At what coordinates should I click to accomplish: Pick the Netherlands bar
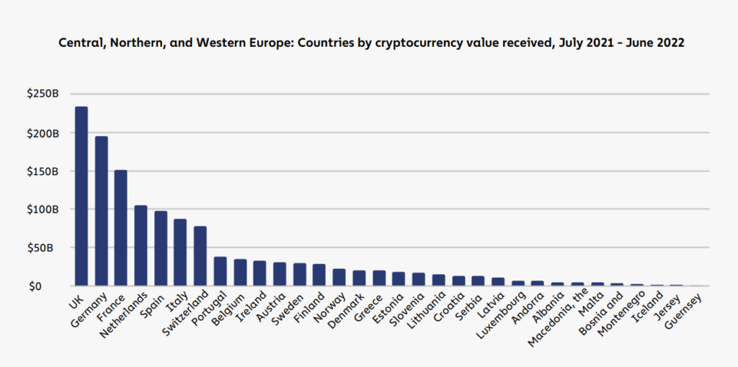tap(141, 246)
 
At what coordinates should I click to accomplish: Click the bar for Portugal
tap(220, 272)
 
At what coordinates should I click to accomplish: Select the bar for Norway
tap(339, 278)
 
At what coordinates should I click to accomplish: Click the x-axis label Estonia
tap(388, 305)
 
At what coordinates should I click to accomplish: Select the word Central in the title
tap(79, 43)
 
